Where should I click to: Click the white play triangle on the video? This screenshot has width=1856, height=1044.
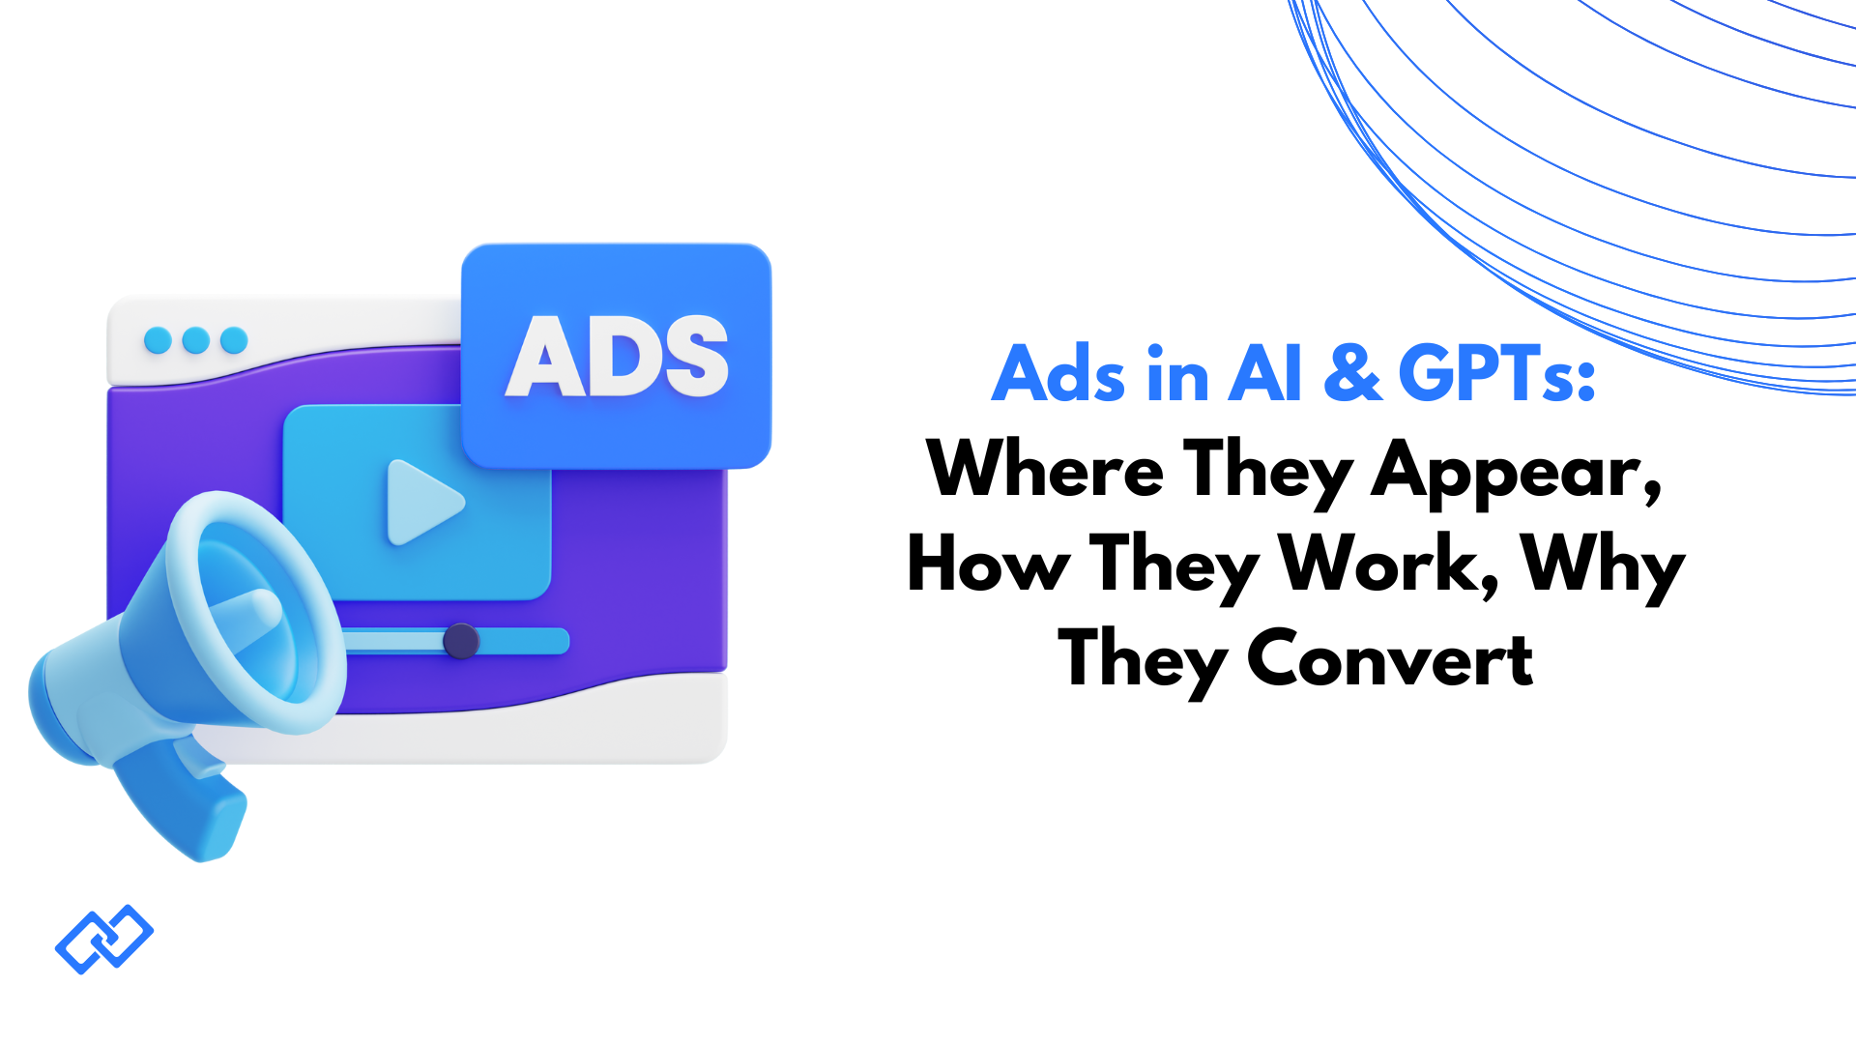click(421, 503)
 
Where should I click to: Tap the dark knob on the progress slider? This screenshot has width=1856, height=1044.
click(461, 641)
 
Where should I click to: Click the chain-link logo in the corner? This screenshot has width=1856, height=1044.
click(104, 939)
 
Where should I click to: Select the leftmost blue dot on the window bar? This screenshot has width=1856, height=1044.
click(158, 340)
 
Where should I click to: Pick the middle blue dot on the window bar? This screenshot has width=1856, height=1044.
click(196, 340)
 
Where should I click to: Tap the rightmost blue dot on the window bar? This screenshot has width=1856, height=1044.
click(234, 340)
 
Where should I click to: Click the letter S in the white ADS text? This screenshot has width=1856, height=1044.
click(692, 357)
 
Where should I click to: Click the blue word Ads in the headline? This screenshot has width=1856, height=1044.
click(1058, 374)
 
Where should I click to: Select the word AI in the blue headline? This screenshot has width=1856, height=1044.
click(1265, 374)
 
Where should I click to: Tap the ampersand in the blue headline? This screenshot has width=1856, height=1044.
click(1352, 374)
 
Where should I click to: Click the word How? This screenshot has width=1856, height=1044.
click(988, 564)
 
